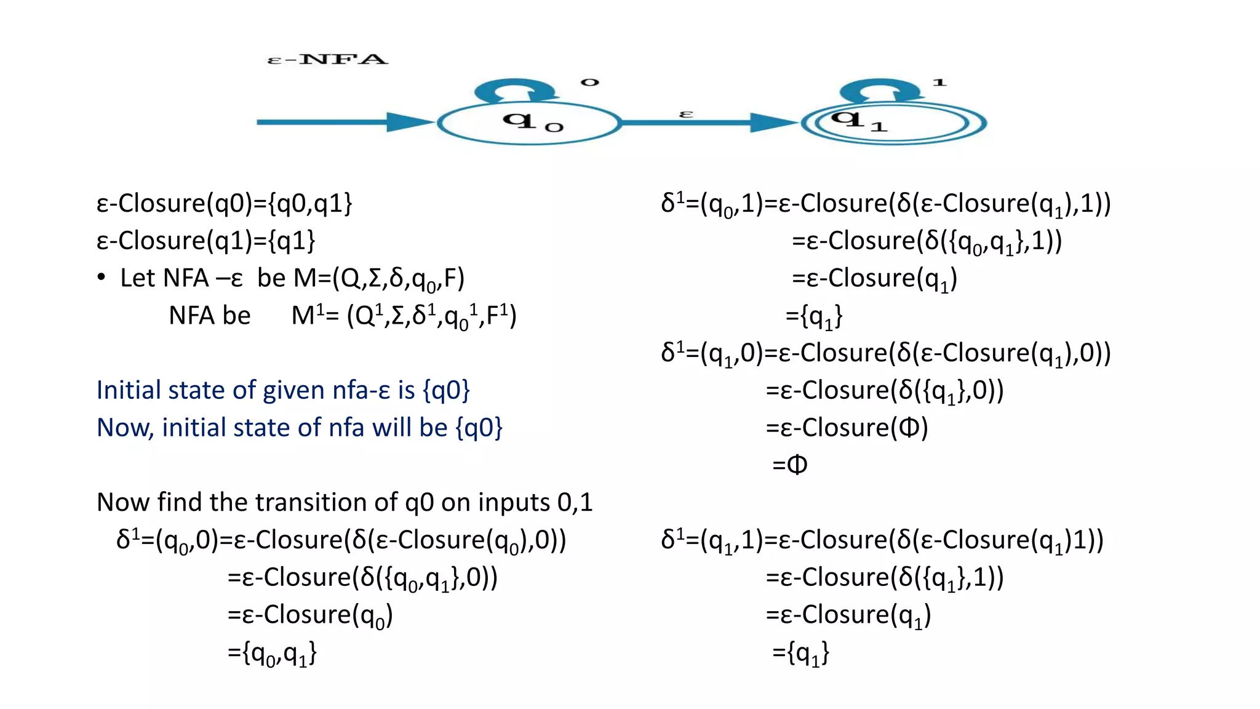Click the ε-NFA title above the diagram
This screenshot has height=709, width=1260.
pos(327,60)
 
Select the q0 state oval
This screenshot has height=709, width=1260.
pos(529,124)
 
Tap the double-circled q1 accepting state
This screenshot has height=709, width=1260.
pos(893,124)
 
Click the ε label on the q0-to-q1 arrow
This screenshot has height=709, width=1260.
pos(686,114)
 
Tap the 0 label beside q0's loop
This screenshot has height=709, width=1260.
pos(589,82)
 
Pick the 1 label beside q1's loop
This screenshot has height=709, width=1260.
pos(939,82)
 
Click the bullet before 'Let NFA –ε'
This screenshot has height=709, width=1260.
pos(102,278)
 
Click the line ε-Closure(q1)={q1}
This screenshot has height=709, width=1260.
pos(205,241)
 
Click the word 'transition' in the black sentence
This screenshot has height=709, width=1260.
pos(326,502)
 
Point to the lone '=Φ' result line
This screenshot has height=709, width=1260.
pos(789,465)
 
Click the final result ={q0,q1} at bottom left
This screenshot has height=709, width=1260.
pos(272,652)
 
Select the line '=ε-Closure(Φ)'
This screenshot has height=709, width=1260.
pos(847,428)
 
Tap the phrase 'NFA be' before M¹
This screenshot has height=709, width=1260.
pos(209,316)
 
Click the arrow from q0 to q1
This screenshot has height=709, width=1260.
pos(708,123)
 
